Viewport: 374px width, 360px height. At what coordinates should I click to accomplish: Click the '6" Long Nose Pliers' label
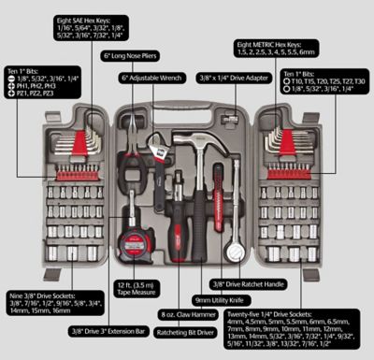[x=135, y=57]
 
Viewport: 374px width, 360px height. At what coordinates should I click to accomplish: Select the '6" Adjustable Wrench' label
[x=151, y=79]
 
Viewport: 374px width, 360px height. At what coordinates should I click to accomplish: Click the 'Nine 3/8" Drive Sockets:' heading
[x=41, y=295]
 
